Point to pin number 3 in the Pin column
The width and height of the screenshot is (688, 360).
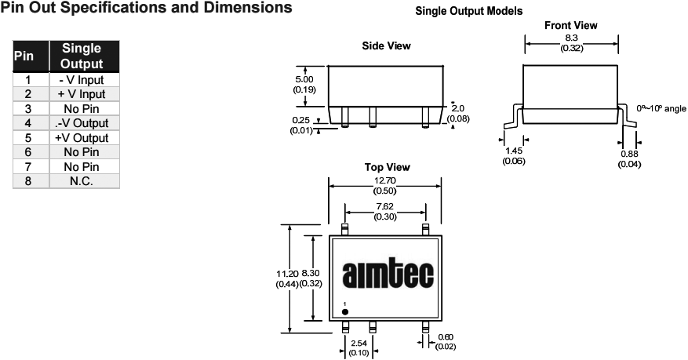pos(27,109)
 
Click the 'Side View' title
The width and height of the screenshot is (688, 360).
pos(386,45)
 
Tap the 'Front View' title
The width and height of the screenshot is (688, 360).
pos(570,25)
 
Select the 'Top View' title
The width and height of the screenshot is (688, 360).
pos(387,167)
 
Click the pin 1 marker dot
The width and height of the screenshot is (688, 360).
pos(345,311)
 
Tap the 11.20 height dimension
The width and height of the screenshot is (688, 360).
pos(287,273)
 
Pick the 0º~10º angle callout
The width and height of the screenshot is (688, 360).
pos(661,107)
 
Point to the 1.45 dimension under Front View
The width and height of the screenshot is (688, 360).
pos(514,151)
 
